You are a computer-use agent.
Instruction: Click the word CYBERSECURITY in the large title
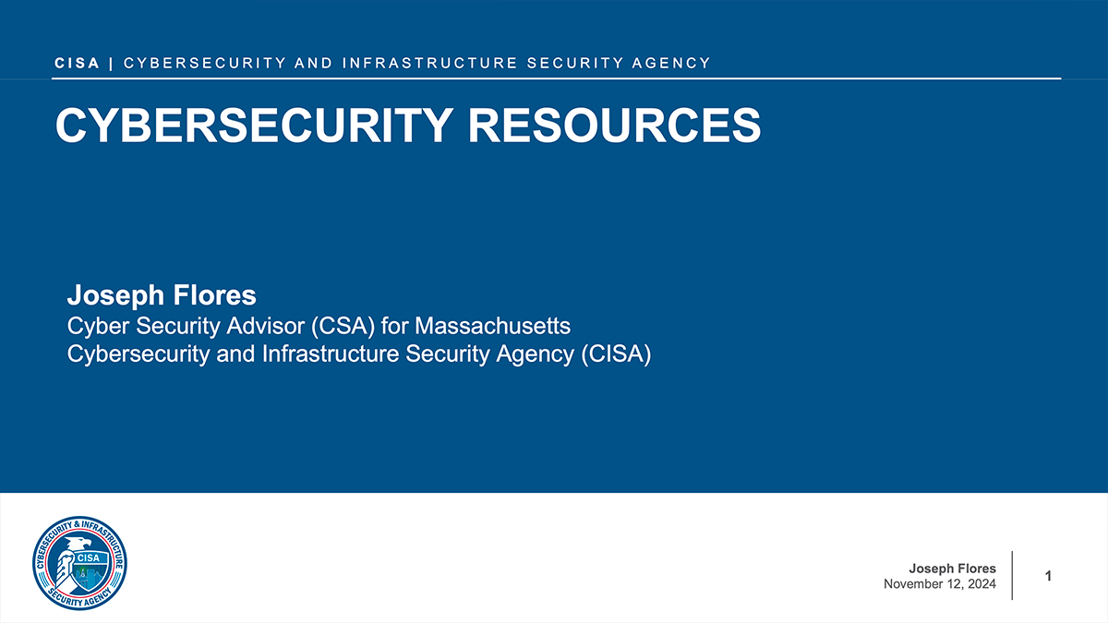tap(254, 126)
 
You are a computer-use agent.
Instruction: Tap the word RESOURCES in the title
tap(614, 126)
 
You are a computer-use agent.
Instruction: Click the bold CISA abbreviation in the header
tap(78, 64)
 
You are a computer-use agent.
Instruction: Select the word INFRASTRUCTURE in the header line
tap(430, 64)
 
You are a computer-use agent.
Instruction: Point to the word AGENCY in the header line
tap(671, 64)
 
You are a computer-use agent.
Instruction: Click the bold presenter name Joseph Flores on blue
tap(162, 295)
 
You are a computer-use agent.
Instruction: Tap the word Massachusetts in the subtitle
tap(493, 326)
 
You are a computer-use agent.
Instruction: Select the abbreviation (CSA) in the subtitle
tap(343, 326)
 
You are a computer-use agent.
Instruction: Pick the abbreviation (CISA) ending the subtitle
tap(616, 354)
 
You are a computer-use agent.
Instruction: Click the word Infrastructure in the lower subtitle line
tap(331, 354)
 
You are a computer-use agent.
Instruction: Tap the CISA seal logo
tap(79, 563)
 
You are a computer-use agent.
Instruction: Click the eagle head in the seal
tap(79, 544)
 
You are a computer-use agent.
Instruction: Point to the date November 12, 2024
tap(940, 584)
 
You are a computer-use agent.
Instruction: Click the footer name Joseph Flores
tap(952, 569)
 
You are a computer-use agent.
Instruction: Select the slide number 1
tap(1048, 576)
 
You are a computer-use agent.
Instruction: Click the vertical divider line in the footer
tap(1012, 576)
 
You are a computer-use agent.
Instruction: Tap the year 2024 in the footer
tap(982, 584)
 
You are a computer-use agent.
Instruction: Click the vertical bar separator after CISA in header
tap(111, 64)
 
